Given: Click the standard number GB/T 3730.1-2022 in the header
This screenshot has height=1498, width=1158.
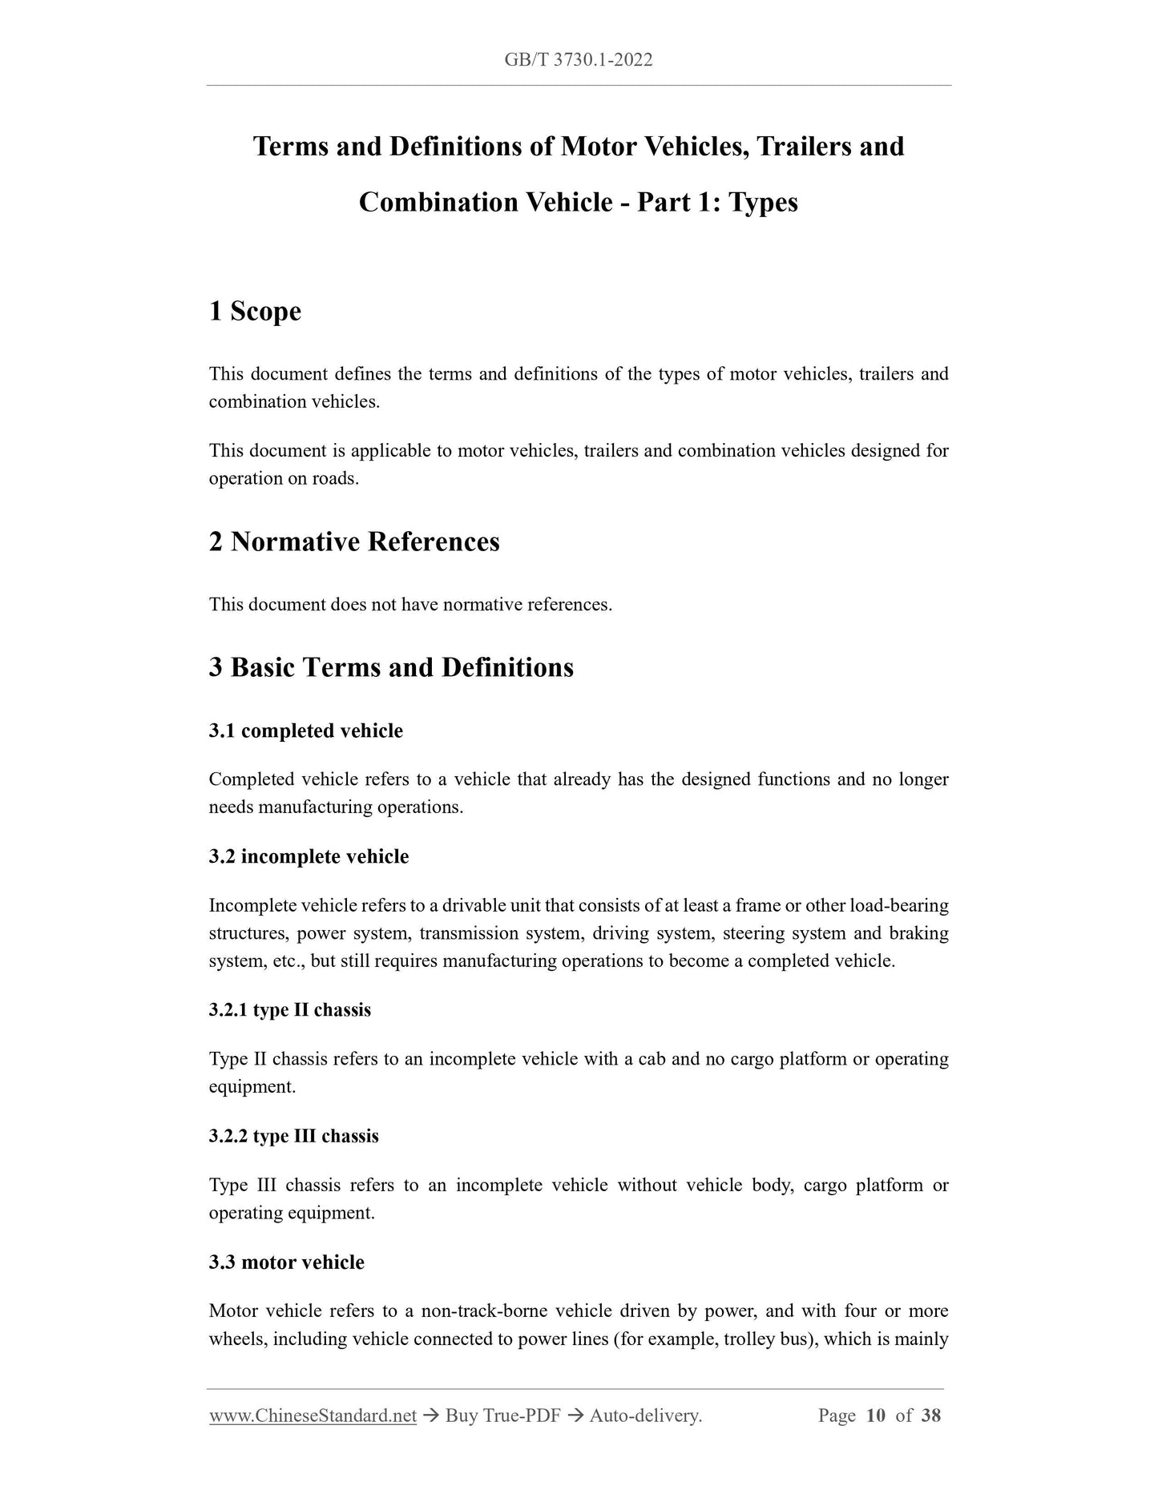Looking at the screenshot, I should pyautogui.click(x=579, y=60).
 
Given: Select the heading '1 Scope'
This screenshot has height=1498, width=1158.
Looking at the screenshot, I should pyautogui.click(x=255, y=311).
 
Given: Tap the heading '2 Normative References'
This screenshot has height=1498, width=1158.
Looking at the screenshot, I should pyautogui.click(x=354, y=542).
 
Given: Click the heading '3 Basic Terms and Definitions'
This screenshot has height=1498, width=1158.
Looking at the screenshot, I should pyautogui.click(x=391, y=667).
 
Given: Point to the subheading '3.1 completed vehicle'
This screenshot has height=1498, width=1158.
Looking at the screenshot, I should pyautogui.click(x=305, y=731).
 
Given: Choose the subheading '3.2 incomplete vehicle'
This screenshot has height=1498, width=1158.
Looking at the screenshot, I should pyautogui.click(x=309, y=856).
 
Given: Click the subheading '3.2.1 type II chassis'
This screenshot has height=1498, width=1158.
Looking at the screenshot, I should pyautogui.click(x=289, y=1009).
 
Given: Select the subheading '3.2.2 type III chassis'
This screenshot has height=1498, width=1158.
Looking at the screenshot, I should pyautogui.click(x=293, y=1136).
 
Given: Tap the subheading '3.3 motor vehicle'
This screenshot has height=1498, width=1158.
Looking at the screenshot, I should pyautogui.click(x=286, y=1262).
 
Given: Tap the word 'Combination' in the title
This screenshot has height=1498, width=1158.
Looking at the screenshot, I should pyautogui.click(x=438, y=202).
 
